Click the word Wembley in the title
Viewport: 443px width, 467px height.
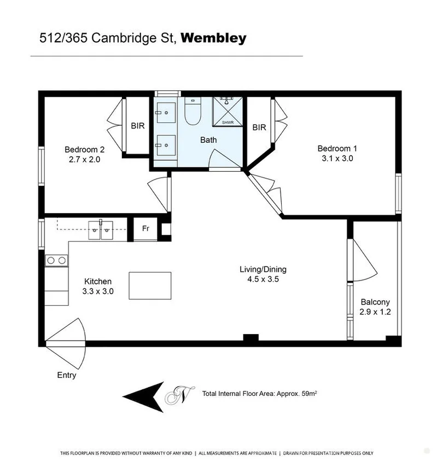tap(213, 38)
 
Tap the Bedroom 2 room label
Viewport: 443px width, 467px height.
tap(85, 149)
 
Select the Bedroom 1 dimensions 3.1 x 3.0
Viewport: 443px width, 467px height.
tap(337, 158)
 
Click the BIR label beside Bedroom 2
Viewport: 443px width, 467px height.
tap(138, 126)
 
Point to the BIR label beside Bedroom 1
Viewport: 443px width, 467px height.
tap(259, 127)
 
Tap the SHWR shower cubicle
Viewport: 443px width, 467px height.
tap(228, 112)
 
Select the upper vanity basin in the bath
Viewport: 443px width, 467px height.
tap(166, 113)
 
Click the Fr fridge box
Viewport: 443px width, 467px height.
tap(145, 229)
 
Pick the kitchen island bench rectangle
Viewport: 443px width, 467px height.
tap(150, 285)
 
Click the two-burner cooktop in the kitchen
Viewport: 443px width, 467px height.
tap(56, 261)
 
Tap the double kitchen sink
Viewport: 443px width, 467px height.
tap(101, 230)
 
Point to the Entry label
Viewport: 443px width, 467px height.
tap(66, 375)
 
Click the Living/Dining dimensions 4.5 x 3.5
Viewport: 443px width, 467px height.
tap(263, 279)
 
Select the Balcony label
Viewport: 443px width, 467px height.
tap(375, 302)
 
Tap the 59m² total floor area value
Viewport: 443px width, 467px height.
tap(309, 393)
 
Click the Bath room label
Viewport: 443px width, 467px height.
tap(208, 139)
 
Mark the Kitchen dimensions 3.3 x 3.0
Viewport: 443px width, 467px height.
tap(98, 291)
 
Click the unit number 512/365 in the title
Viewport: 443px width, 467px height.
tap(63, 38)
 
